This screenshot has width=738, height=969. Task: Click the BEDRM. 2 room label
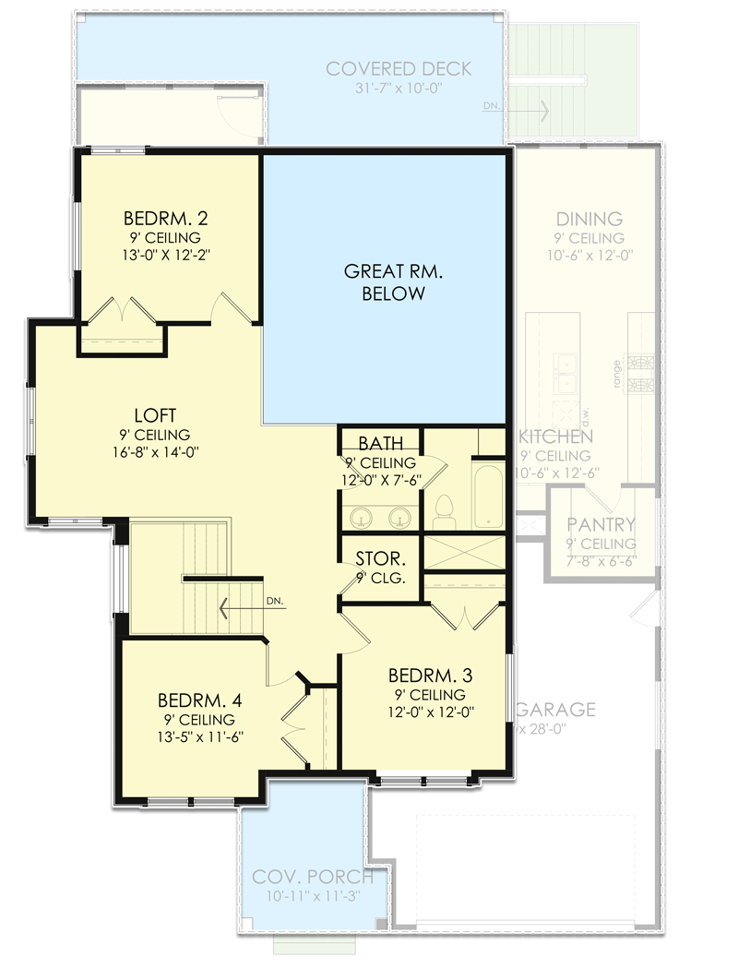pyautogui.click(x=165, y=219)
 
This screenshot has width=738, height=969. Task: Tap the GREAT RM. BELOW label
pyautogui.click(x=385, y=282)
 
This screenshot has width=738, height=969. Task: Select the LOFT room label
pyautogui.click(x=154, y=415)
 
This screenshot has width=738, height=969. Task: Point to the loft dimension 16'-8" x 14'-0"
pyautogui.click(x=154, y=452)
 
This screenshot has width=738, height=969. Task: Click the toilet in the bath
pyautogui.click(x=444, y=510)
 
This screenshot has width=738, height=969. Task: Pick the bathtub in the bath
pyautogui.click(x=488, y=496)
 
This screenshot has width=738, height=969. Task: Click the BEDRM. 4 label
pyautogui.click(x=200, y=700)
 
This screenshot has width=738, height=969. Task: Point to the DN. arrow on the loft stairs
pyautogui.click(x=242, y=606)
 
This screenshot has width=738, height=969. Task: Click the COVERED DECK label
pyautogui.click(x=399, y=69)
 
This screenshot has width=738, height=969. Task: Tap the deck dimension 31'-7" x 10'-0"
pyautogui.click(x=399, y=89)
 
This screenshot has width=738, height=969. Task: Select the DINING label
pyautogui.click(x=589, y=219)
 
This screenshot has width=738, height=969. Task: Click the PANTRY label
pyautogui.click(x=601, y=525)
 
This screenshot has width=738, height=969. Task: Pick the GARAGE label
pyautogui.click(x=556, y=710)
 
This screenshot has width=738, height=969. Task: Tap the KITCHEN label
pyautogui.click(x=556, y=437)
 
